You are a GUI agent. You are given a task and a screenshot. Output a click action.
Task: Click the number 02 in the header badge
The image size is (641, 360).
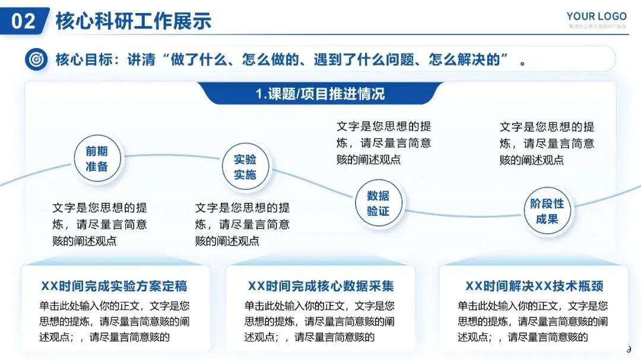[24, 21]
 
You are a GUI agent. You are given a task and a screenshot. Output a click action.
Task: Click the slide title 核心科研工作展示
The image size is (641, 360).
[133, 21]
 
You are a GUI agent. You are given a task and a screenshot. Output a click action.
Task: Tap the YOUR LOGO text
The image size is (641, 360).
[596, 16]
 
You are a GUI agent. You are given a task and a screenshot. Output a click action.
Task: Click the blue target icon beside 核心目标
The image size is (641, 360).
[36, 60]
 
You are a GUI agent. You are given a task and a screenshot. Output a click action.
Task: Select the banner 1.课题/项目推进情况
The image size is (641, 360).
[320, 94]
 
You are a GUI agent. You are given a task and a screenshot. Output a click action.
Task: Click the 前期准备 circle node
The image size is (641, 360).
[96, 159]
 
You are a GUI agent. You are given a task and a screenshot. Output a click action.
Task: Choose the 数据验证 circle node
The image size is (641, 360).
[377, 203]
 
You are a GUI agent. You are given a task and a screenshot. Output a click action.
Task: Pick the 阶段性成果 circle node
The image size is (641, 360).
[547, 211]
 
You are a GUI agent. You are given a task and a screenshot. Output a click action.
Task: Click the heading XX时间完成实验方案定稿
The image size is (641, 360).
[115, 286]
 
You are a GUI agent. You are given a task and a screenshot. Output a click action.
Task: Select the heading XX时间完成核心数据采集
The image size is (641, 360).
[320, 286]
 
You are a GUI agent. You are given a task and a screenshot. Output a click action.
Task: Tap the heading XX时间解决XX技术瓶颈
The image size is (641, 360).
[534, 286]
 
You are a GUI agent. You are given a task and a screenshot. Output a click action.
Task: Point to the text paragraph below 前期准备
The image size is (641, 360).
[100, 224]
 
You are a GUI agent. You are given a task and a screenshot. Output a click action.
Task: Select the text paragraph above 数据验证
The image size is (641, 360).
[384, 143]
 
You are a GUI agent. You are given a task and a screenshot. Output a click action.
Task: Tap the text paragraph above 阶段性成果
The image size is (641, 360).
[547, 143]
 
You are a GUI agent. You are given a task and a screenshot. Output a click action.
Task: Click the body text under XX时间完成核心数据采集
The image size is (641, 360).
[319, 321]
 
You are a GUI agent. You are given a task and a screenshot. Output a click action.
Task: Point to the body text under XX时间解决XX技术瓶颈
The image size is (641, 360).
[532, 321]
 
